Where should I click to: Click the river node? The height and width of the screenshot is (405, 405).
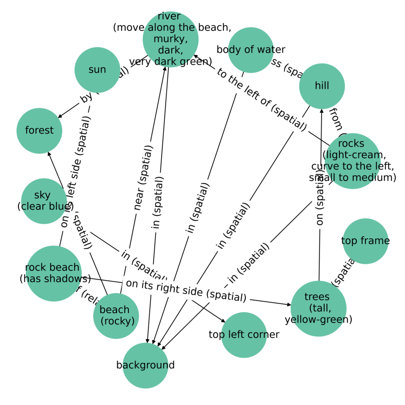(x=170, y=39)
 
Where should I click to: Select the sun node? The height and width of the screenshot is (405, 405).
(x=97, y=70)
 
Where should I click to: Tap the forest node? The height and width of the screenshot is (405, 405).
(x=39, y=130)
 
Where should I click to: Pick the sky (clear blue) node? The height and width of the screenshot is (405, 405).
(x=44, y=201)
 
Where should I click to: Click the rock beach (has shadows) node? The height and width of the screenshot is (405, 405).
(x=53, y=273)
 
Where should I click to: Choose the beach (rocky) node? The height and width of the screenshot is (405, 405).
(x=116, y=316)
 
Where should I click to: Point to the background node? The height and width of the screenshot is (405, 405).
(x=145, y=365)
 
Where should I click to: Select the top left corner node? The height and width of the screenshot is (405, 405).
(x=244, y=335)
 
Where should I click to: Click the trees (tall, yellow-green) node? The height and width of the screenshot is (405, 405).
(x=318, y=308)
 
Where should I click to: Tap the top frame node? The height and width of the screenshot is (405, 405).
(x=365, y=241)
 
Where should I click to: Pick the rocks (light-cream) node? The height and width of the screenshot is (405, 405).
(x=352, y=161)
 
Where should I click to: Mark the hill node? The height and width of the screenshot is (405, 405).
(x=322, y=86)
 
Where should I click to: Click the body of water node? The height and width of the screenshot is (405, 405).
(x=251, y=50)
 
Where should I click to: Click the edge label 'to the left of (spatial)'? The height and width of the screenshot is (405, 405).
(x=261, y=99)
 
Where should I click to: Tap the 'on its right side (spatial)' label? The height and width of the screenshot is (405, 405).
(x=186, y=291)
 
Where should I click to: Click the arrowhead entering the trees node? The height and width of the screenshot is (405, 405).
(x=289, y=305)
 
